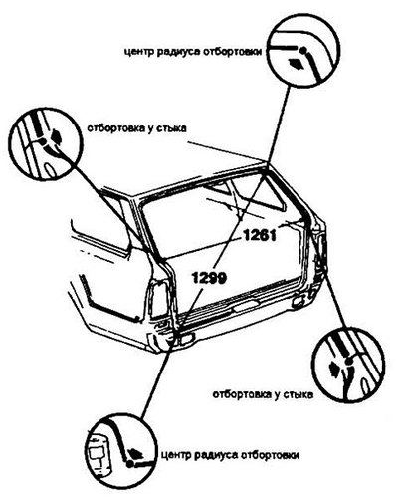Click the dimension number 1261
coord(260,236)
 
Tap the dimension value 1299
coord(209,278)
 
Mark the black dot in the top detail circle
coord(303,50)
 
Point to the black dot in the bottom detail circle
coord(129,464)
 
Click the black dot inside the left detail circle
coord(43,141)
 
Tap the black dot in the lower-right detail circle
coord(347,362)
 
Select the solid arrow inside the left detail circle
coord(56,135)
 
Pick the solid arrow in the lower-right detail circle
coord(335,369)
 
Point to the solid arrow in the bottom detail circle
coord(135,452)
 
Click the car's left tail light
coord(158,297)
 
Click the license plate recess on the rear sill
coord(246,307)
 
